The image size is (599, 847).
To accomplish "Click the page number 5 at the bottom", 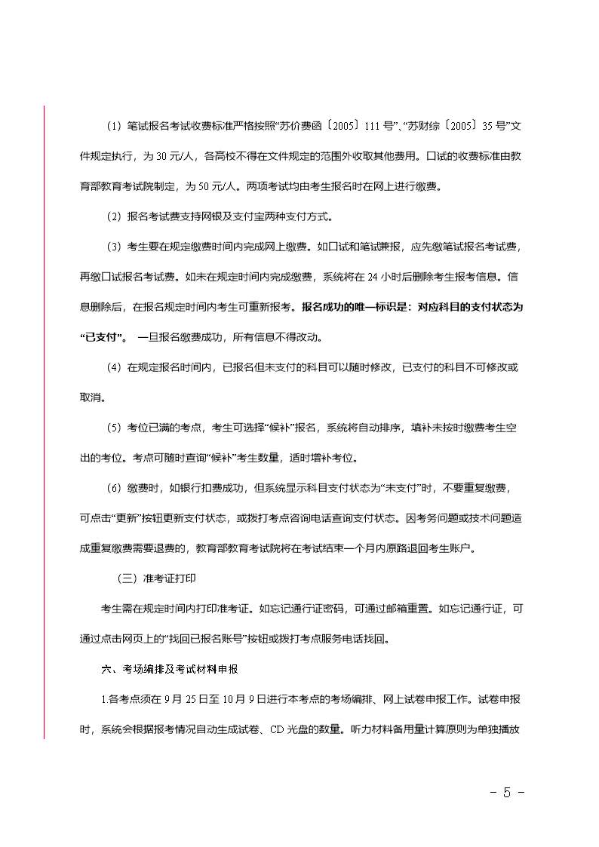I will tap(507, 793).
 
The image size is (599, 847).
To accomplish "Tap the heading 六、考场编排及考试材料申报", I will tap(170, 669).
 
